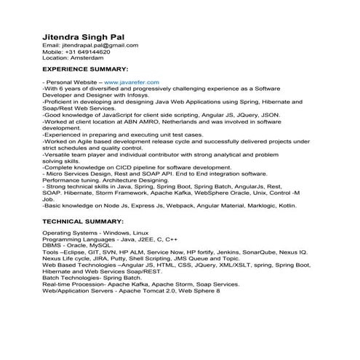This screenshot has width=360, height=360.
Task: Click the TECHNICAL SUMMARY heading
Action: tap(83, 220)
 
